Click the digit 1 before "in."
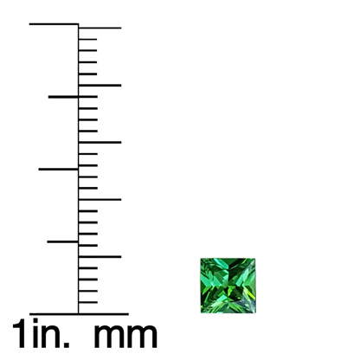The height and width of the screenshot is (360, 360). pos(20,333)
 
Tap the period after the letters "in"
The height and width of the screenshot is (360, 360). pos(66,344)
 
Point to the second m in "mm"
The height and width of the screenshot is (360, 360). pos(143,337)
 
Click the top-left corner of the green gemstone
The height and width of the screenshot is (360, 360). pos(201,259)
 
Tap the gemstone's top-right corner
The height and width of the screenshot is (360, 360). pos(255,259)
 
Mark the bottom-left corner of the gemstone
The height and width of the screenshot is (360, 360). pos(201,313)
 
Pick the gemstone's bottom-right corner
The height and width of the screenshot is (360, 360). pos(255,313)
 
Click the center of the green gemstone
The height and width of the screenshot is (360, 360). pos(228,286)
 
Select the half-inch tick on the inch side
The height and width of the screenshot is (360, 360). pos(58,169)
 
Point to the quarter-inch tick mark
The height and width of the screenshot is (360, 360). pos(62,241)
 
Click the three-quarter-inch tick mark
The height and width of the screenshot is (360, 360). pos(63,97)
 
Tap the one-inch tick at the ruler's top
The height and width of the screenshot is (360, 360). pos(54,24)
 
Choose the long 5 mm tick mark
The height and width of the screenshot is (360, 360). pos(100,256)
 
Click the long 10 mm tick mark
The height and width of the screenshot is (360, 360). pos(100,199)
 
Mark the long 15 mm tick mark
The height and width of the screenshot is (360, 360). pos(100,142)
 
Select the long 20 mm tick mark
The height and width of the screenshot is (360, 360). pos(100,86)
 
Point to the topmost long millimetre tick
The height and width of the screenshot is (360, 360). pos(100,28)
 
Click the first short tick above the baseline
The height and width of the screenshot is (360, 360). pos(88,302)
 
